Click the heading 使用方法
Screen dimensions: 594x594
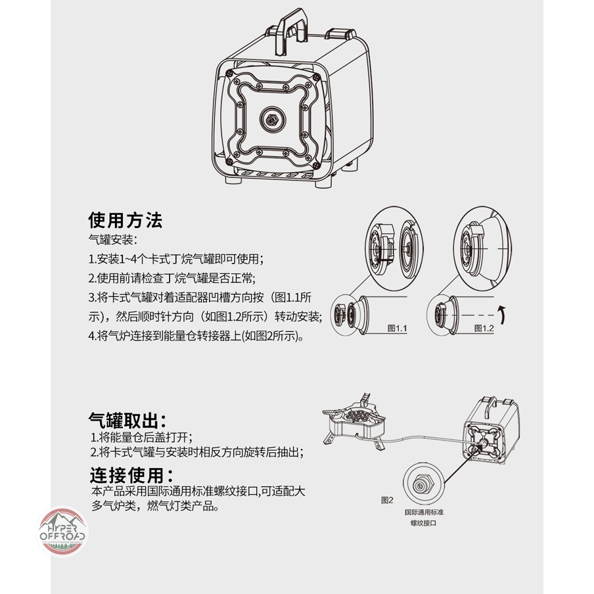[x=126, y=220]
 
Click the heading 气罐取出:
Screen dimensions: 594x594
[x=127, y=420]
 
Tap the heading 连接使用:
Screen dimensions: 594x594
[x=132, y=475]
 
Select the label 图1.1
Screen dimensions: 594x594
[x=397, y=328]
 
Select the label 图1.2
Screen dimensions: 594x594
[x=484, y=328]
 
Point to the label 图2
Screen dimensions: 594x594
[x=387, y=500]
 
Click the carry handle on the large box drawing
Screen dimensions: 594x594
[x=290, y=31]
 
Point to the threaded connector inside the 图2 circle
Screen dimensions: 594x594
[x=421, y=484]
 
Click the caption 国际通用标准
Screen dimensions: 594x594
[x=424, y=512]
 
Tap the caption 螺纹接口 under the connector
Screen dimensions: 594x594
[x=424, y=523]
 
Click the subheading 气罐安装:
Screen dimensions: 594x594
[x=112, y=239]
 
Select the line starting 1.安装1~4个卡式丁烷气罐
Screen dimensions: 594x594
[x=176, y=259]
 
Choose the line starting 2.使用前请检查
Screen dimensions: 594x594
[x=172, y=279]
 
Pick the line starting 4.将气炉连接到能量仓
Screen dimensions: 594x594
[x=196, y=336]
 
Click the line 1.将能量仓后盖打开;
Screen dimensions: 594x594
[x=141, y=438]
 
